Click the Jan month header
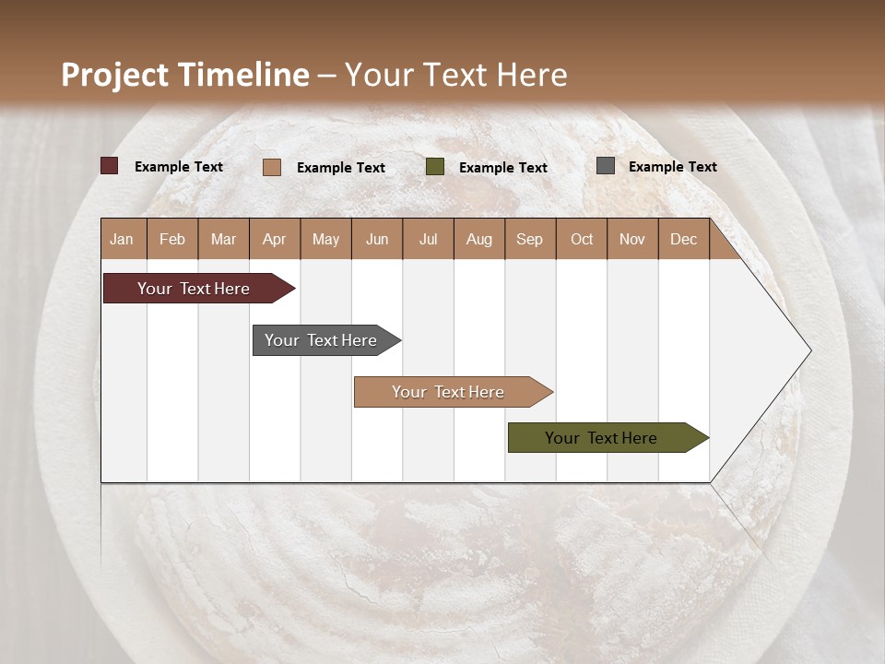tap(123, 239)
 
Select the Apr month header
tap(275, 239)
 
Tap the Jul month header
tap(429, 239)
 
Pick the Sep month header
tap(530, 239)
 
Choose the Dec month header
tap(684, 239)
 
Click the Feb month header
tap(172, 239)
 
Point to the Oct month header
tap(582, 239)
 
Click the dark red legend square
tap(110, 166)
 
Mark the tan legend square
tap(272, 167)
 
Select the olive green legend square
tap(435, 167)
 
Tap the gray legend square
tap(606, 166)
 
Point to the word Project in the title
tap(113, 75)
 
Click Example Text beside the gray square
tap(673, 167)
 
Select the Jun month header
tap(377, 239)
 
